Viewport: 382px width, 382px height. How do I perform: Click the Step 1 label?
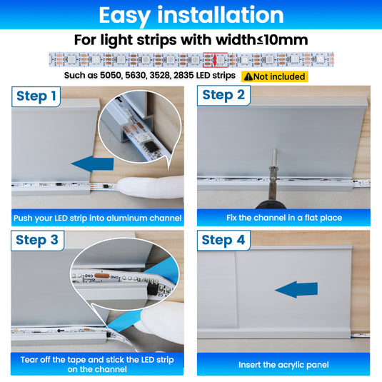[x=36, y=96]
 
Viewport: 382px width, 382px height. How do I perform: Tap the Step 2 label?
[x=223, y=95]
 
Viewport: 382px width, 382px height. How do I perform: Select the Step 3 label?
[x=37, y=241]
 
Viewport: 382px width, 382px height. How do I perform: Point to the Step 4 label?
[x=223, y=240]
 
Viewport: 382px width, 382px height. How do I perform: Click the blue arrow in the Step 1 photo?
[x=93, y=164]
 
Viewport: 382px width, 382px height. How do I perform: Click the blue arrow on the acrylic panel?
[x=296, y=289]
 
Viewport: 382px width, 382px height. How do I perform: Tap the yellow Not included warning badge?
[x=275, y=76]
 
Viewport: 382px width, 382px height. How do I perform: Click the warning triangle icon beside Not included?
[x=248, y=76]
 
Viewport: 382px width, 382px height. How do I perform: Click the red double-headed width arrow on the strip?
[x=215, y=60]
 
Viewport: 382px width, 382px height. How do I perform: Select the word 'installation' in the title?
[x=221, y=15]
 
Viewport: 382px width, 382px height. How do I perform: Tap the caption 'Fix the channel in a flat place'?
[x=284, y=218]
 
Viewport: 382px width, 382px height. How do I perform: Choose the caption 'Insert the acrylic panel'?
[x=283, y=365]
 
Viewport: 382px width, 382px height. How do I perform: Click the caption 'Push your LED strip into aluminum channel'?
[x=97, y=218]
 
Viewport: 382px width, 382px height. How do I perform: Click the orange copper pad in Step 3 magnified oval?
[x=102, y=276]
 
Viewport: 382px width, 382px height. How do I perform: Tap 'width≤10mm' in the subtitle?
[x=262, y=40]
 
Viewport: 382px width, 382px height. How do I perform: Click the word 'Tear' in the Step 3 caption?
[x=29, y=360]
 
